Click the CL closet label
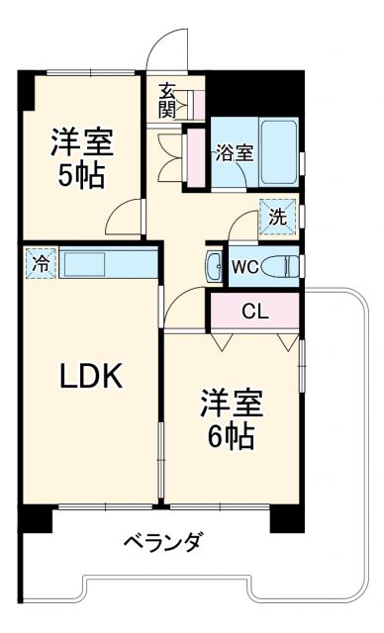tap(254, 312)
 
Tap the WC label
tap(245, 266)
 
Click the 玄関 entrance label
tap(167, 100)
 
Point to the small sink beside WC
tap(216, 265)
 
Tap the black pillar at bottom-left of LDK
tap(35, 518)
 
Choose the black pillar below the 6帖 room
tap(286, 517)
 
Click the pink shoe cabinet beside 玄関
tap(197, 103)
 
